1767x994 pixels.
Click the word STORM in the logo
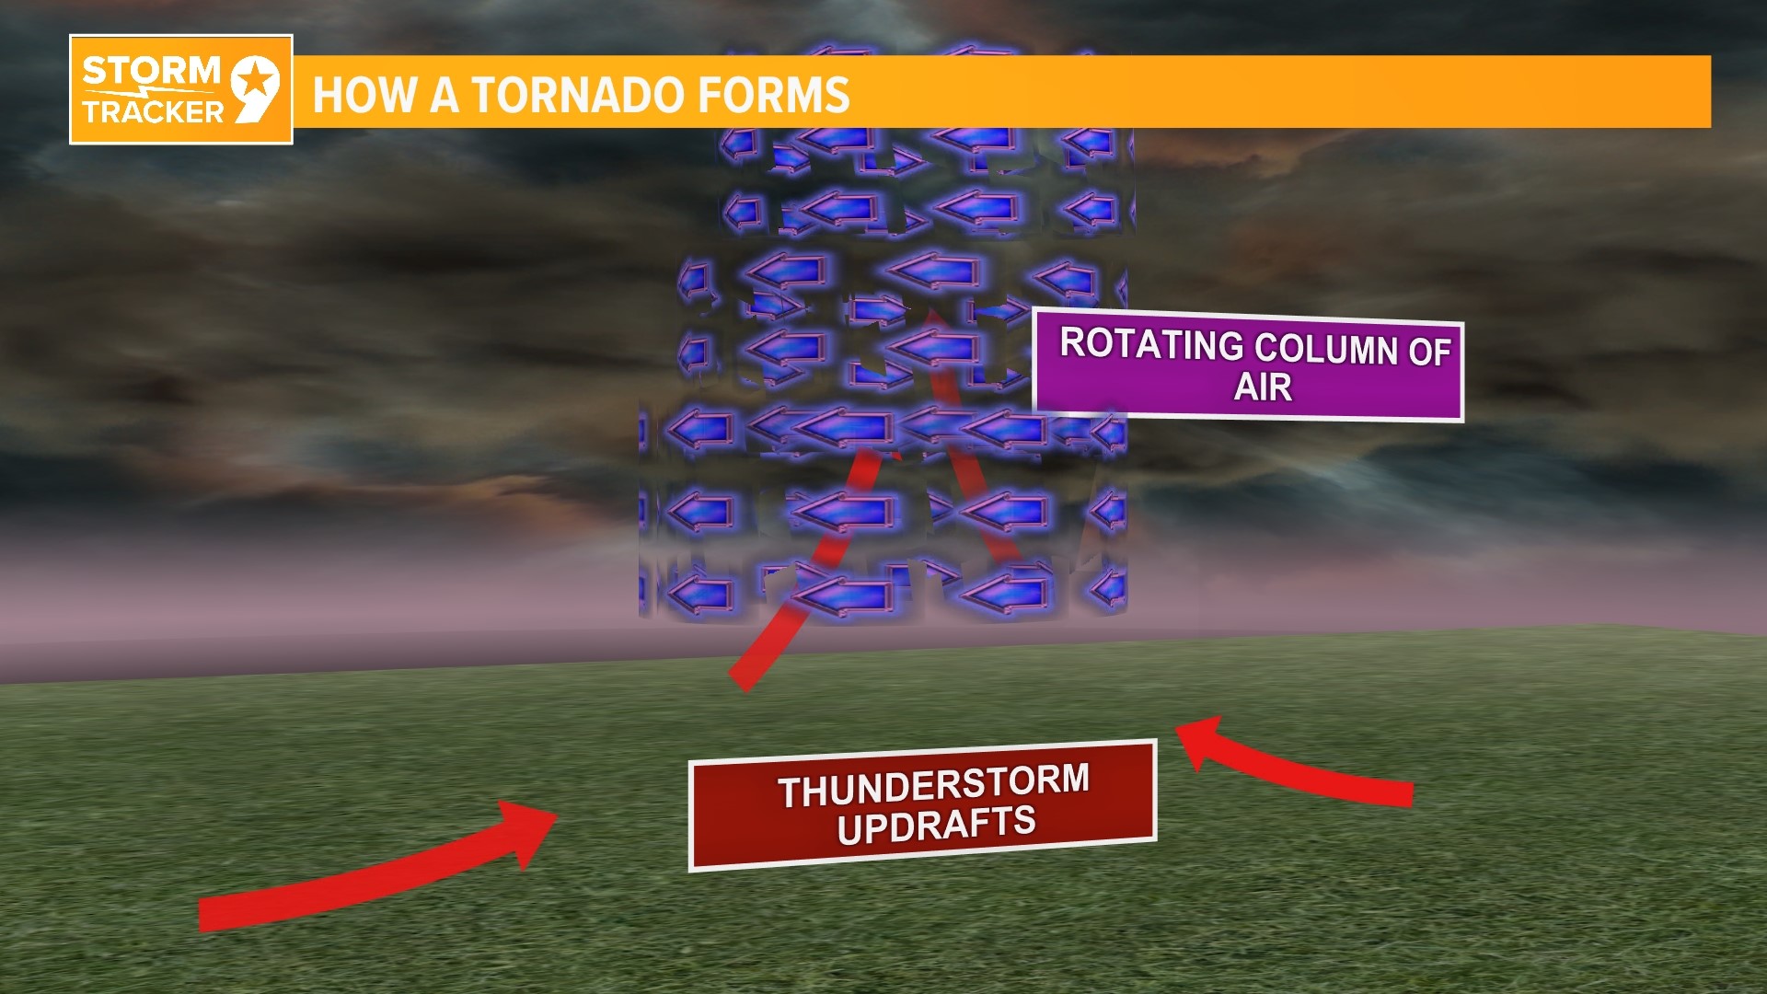point(150,71)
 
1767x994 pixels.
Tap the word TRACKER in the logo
point(153,112)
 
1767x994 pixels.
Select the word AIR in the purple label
point(1263,387)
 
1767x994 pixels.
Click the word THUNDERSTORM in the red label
point(933,786)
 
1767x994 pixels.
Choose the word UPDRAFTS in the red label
point(936,824)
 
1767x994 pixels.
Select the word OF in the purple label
point(1429,353)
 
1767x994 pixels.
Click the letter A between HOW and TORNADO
point(445,95)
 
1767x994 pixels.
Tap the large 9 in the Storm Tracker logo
point(254,88)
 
